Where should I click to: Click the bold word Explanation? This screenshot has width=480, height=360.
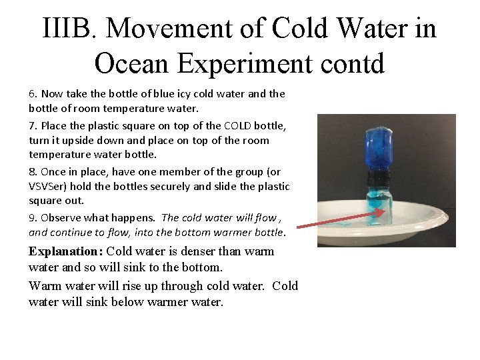(65, 252)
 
